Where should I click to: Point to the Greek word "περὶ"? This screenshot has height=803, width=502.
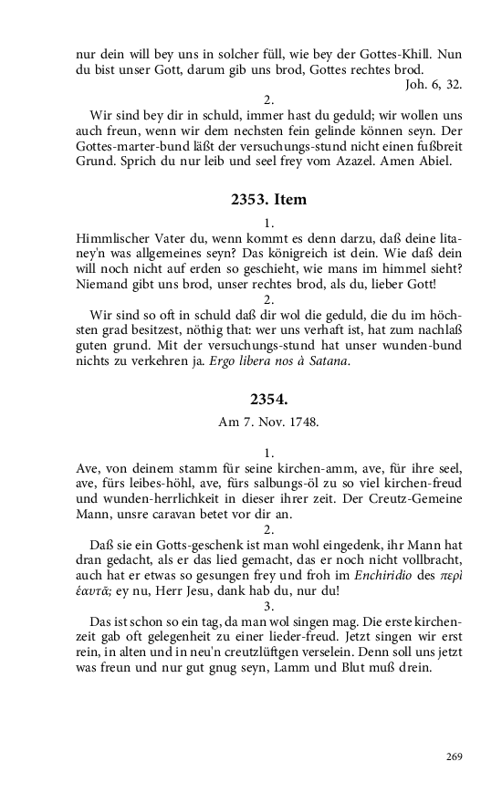[447, 572]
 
